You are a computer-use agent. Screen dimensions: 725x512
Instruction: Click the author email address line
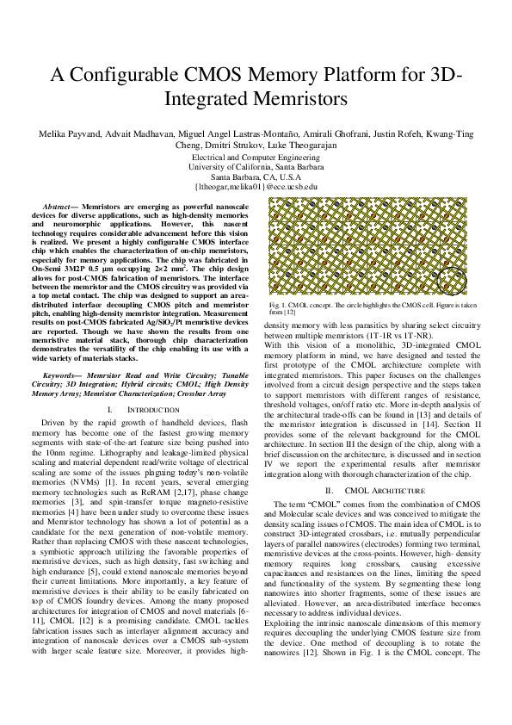pyautogui.click(x=256, y=186)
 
